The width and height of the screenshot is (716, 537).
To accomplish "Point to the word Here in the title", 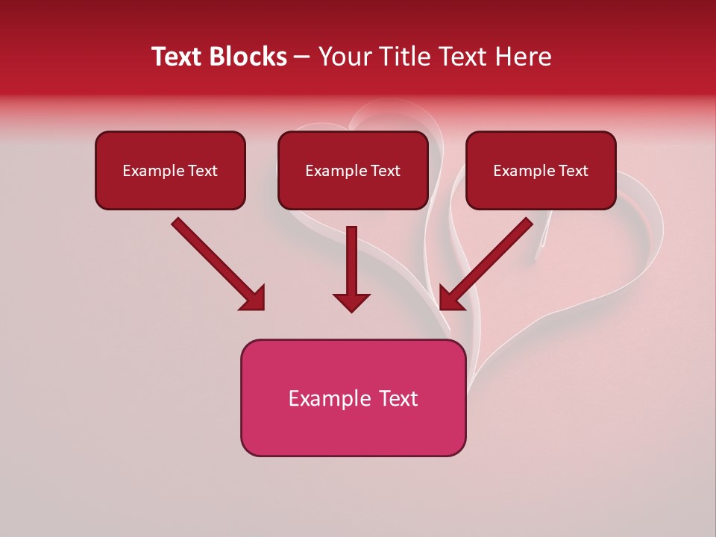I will [x=524, y=57].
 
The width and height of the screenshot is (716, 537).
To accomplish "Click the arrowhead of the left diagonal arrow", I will [x=254, y=299].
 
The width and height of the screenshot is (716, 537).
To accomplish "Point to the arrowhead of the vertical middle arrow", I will [x=351, y=303].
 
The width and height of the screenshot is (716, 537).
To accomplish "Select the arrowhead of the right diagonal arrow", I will [x=450, y=299].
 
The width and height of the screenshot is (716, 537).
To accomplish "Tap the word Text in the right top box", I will [x=573, y=171].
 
